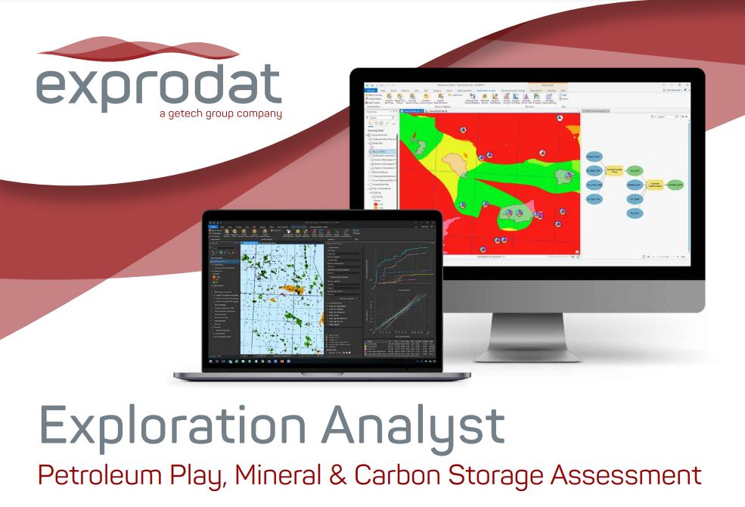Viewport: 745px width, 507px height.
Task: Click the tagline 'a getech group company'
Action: point(220,114)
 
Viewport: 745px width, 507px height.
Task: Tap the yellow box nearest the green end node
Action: point(656,185)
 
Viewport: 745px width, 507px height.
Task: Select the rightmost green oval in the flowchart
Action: point(675,185)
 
